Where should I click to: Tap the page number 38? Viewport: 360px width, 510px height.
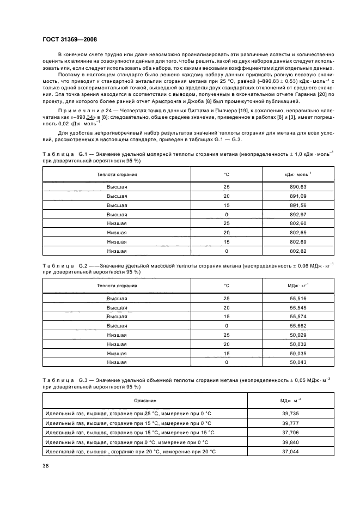tap(46, 465)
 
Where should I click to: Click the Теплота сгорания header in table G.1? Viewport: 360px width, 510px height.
tap(117, 174)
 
